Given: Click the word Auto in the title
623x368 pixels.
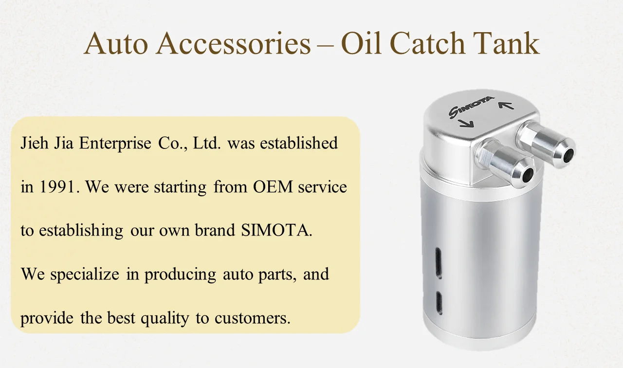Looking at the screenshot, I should [x=115, y=44].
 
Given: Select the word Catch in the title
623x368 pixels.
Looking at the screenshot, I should [x=427, y=44].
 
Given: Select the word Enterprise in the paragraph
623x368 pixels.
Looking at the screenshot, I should [x=115, y=144].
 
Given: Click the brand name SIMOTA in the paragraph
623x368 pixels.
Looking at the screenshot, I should [x=276, y=230].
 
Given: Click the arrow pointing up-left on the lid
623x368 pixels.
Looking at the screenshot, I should [x=502, y=103].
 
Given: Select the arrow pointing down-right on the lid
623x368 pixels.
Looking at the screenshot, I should [x=466, y=125].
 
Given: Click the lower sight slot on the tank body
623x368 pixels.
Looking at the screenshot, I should [x=439, y=303].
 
